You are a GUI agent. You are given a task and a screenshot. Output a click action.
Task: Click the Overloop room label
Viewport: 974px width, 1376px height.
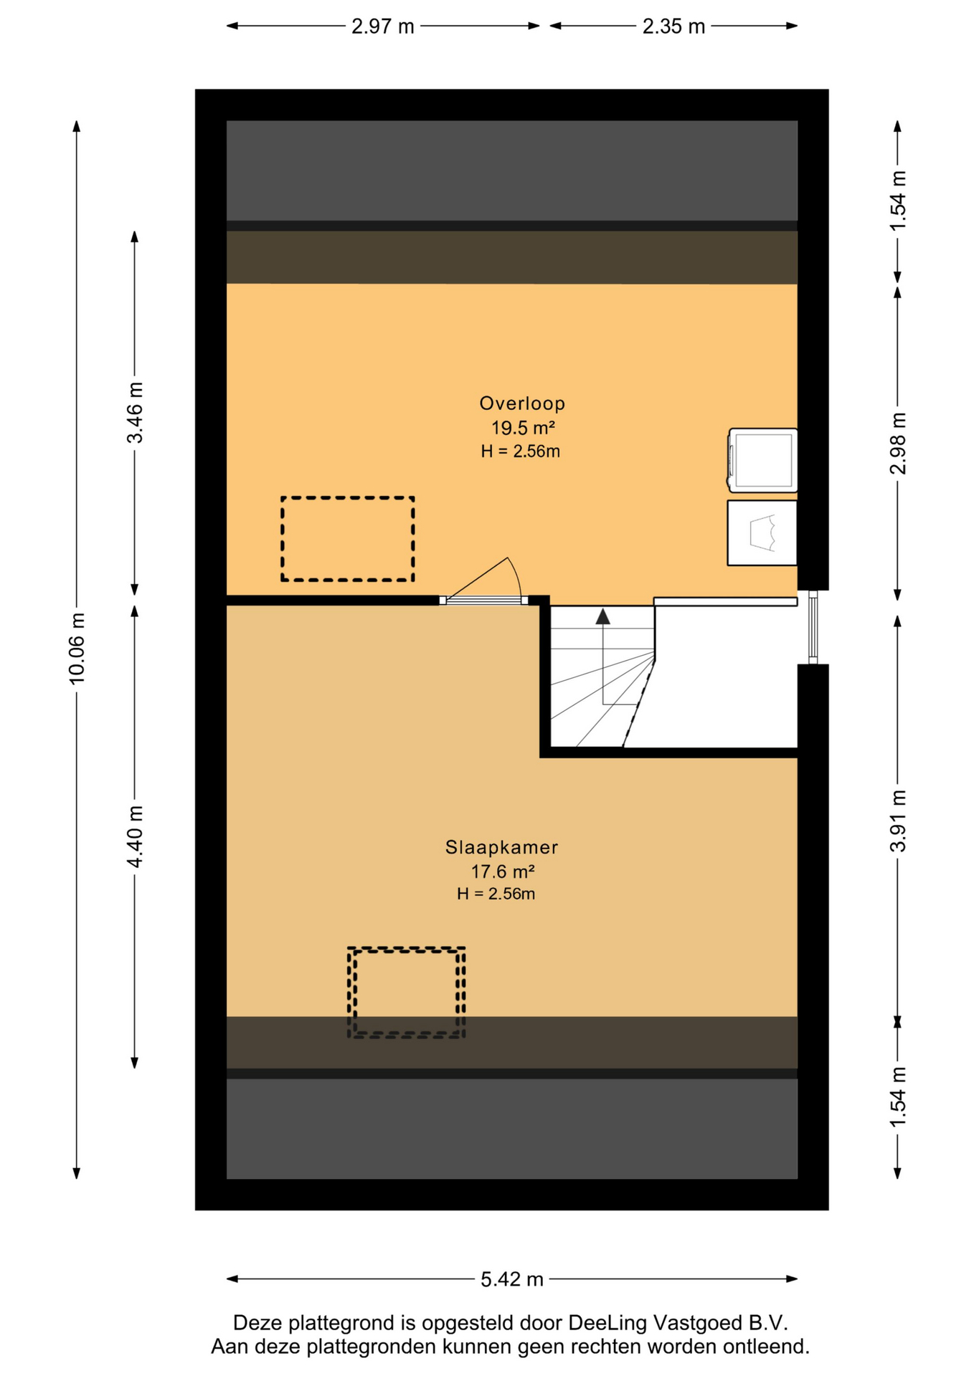point(521,403)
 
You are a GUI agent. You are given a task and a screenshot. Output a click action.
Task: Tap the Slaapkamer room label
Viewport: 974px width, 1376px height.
point(501,847)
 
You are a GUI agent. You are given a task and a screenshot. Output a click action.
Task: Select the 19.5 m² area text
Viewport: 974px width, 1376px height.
point(523,428)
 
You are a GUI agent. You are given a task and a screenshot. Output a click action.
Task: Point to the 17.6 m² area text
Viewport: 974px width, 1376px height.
point(502,871)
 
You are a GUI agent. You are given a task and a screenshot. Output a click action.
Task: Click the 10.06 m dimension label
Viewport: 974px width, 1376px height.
point(77,648)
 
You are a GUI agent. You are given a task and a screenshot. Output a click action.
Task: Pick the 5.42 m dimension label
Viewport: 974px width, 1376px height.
point(511,1279)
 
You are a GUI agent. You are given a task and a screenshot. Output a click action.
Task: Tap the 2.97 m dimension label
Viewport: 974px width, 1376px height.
point(382,27)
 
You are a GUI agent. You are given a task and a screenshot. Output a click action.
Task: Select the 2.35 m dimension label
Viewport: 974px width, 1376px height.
point(673,27)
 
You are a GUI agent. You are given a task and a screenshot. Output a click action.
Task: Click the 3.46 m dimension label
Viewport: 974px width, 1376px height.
point(135,412)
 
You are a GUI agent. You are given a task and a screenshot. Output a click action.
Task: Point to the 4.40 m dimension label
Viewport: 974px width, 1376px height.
point(135,836)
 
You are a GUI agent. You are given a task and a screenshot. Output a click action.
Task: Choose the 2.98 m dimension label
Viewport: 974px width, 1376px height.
point(897,443)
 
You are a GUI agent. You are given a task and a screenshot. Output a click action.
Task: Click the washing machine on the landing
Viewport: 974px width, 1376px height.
point(762,460)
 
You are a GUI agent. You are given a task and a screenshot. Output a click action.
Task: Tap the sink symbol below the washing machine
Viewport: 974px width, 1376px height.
point(762,533)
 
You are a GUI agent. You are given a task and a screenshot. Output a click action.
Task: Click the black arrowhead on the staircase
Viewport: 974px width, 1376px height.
point(602,616)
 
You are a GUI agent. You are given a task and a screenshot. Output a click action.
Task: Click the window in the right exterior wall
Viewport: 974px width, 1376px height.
point(813,627)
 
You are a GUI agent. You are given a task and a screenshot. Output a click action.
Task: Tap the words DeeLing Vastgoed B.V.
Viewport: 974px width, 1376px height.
point(678,1323)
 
